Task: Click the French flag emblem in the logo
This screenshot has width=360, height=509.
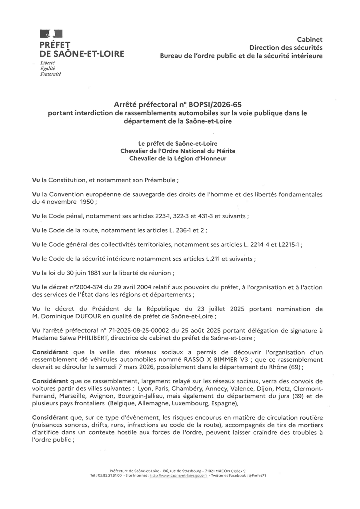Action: pyautogui.click(x=51, y=34)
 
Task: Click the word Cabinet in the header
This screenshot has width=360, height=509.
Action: pyautogui.click(x=309, y=39)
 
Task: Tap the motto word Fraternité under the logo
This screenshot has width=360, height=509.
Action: pyautogui.click(x=50, y=74)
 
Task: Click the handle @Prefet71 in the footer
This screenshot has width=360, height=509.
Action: pyautogui.click(x=257, y=475)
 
